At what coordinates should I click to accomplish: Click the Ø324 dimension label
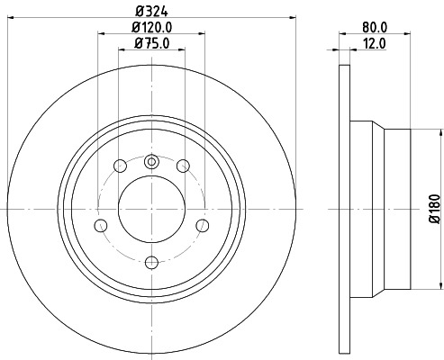150,10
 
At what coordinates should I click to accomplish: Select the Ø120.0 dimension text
151,27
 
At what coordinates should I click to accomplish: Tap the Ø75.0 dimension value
151,42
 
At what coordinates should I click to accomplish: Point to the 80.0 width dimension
373,27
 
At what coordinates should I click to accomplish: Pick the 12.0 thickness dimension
373,42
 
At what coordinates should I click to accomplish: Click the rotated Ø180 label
434,209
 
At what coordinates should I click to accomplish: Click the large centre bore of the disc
151,210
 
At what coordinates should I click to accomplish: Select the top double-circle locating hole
151,162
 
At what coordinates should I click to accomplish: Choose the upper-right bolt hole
183,166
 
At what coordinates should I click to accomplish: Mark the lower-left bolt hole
101,225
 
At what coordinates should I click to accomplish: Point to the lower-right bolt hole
202,225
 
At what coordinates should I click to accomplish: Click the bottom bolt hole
151,262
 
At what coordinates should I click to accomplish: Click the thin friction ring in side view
343,210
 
